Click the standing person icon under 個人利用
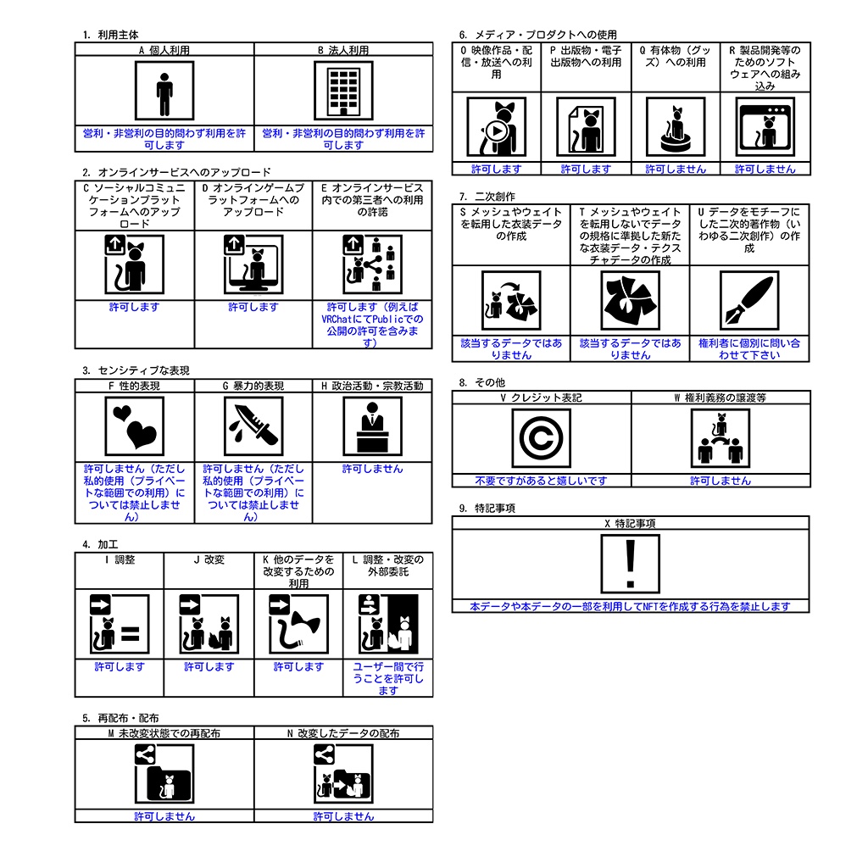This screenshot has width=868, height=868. click(x=164, y=91)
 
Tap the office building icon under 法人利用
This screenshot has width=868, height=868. click(x=343, y=91)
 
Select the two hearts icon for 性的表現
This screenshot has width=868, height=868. click(x=135, y=426)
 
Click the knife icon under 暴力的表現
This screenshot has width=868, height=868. click(x=253, y=426)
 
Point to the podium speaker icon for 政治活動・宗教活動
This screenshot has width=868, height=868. click(x=373, y=426)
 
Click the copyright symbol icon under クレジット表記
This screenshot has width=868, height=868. click(x=542, y=438)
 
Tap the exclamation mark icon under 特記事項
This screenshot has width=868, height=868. click(x=631, y=564)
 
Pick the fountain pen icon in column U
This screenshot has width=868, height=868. click(x=749, y=301)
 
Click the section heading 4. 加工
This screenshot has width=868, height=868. click(x=100, y=545)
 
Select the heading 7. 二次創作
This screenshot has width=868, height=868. click(x=487, y=197)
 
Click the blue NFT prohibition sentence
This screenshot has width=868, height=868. click(x=630, y=607)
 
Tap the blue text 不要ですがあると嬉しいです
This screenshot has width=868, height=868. click(x=542, y=481)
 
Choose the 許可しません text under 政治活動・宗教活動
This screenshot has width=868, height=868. click(x=373, y=469)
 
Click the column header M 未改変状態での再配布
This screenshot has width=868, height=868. click(x=164, y=733)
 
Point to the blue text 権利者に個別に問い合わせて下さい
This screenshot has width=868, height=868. click(x=749, y=349)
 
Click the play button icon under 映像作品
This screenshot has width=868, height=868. click(x=497, y=127)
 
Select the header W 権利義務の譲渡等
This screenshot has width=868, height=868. click(x=721, y=398)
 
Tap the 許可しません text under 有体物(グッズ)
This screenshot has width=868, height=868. click(x=676, y=170)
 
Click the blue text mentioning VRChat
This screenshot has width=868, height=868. click(x=373, y=325)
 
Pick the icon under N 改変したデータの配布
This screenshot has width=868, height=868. click(x=343, y=773)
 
